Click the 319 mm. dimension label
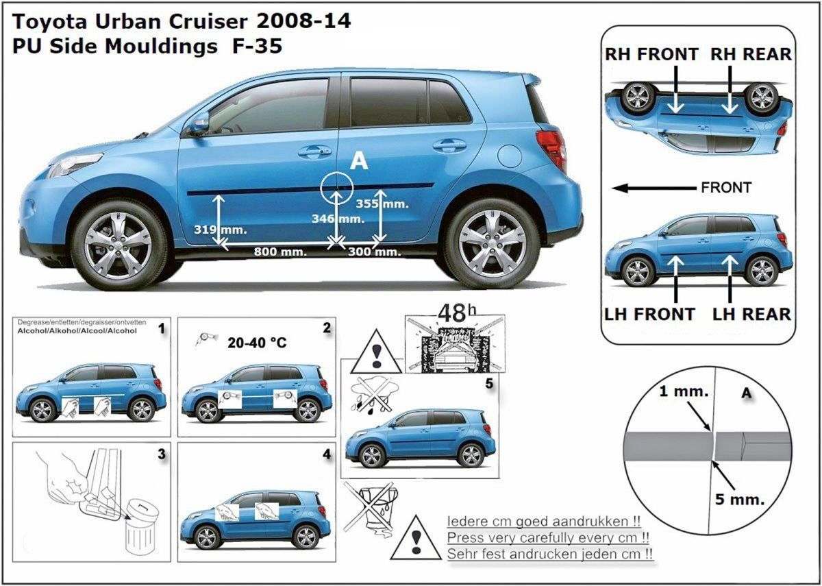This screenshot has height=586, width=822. coord(220,230)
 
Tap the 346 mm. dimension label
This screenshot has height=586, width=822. coord(338,219)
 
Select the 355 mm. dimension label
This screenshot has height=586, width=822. coord(382,204)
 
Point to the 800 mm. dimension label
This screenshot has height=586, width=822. coord(280,252)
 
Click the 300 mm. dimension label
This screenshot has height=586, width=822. coord(374,252)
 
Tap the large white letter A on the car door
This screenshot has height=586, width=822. coord(359,161)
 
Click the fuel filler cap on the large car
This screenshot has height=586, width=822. coord(510,156)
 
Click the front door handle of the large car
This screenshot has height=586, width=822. coord(314,151)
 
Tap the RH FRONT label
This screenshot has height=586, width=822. coord(651,54)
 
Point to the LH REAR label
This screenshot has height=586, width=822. coord(751,315)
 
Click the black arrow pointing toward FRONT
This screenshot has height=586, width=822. coord(654,188)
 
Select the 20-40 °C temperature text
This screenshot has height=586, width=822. coord(257,343)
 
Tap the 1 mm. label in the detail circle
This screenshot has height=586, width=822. coord(684,391)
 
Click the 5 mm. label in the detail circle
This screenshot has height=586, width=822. coord(740,500)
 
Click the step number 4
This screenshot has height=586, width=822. coord(327,454)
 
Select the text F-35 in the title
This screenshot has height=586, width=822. coord(258,47)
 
